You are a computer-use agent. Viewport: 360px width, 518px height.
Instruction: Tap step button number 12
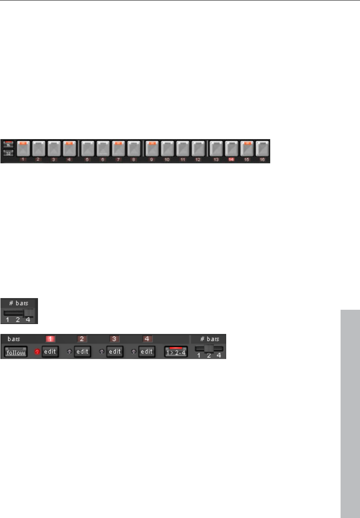tap(198, 148)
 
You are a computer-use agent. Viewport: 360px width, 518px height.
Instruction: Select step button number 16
tap(262, 148)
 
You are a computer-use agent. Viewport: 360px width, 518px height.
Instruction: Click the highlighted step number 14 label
tap(231, 160)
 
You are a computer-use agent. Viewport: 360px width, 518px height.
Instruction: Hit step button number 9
tap(152, 148)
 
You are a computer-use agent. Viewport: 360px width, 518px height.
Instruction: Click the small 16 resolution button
tap(8, 144)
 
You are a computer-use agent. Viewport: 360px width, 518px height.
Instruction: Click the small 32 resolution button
tap(8, 153)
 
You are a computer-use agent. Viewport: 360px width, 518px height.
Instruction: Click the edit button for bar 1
tap(50, 351)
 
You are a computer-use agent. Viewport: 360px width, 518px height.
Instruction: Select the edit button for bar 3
tap(115, 351)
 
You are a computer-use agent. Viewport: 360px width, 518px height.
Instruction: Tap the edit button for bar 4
tap(147, 351)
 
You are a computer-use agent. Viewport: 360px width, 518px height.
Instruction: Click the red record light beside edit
tap(37, 352)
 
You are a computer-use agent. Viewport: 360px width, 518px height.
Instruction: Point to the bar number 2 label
tap(82, 339)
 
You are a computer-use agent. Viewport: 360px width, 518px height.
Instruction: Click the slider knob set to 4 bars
tap(29, 313)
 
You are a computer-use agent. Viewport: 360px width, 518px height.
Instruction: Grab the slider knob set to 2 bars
tap(209, 349)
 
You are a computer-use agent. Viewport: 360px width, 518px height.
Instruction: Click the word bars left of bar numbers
tap(14, 339)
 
